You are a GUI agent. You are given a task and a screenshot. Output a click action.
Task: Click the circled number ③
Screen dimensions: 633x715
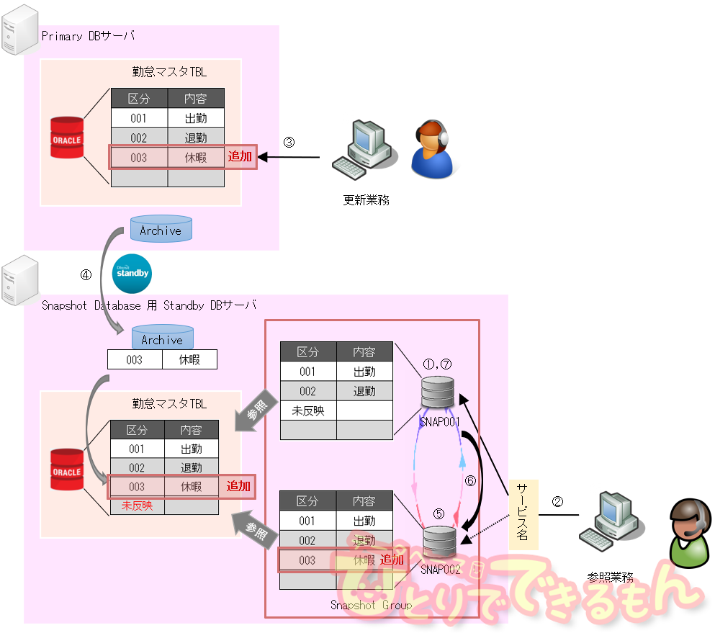pyautogui.click(x=289, y=142)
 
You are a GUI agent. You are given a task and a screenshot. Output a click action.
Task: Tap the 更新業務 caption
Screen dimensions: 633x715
pyautogui.click(x=366, y=200)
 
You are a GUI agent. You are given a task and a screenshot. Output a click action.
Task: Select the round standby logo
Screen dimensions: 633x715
pyautogui.click(x=132, y=274)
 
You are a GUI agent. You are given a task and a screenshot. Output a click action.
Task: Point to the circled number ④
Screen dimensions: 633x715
pyautogui.click(x=86, y=274)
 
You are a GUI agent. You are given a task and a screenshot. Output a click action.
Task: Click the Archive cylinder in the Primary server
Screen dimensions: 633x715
pyautogui.click(x=161, y=229)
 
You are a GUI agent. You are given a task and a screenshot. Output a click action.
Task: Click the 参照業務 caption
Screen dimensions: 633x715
pyautogui.click(x=611, y=577)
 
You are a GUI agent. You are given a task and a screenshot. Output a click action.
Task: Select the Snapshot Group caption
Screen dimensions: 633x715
pyautogui.click(x=371, y=605)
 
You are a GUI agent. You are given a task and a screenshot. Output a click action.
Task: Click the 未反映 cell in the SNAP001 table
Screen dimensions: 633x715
pyautogui.click(x=308, y=411)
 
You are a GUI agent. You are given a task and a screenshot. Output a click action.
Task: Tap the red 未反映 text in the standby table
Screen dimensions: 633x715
pyautogui.click(x=137, y=506)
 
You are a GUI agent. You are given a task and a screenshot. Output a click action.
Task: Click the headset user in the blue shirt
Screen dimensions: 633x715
pyautogui.click(x=433, y=149)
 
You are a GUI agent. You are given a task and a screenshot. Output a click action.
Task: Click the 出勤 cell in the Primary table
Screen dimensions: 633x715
pyautogui.click(x=196, y=118)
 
